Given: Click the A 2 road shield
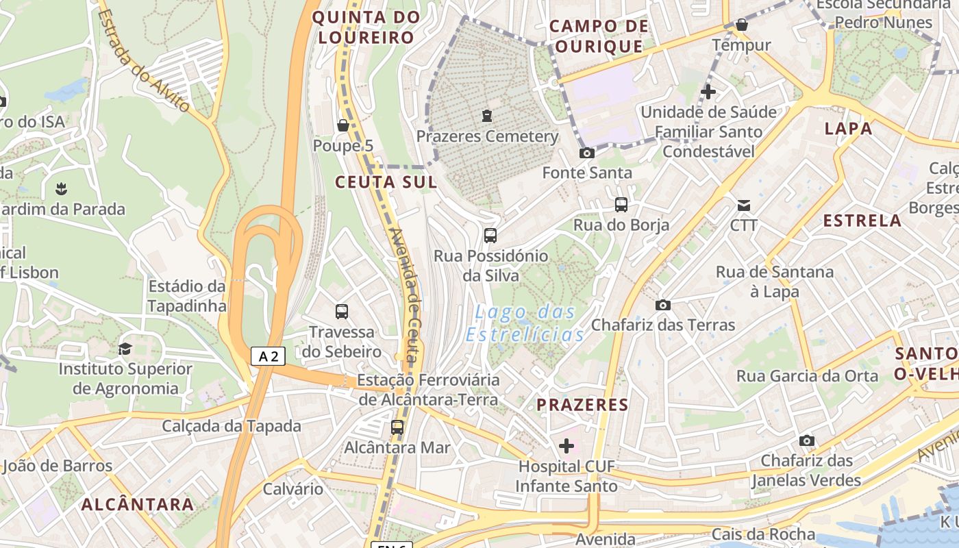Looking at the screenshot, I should tap(267, 356).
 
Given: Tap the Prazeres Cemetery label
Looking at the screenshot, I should tap(487, 136).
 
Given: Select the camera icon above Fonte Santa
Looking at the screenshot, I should tap(587, 153).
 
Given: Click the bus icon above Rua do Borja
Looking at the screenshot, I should tap(621, 204).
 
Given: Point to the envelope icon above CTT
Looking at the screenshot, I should tap(744, 205).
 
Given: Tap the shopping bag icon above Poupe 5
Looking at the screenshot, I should tap(343, 125).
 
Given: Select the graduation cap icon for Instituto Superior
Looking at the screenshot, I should tap(125, 349).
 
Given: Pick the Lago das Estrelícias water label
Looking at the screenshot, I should tap(525, 323).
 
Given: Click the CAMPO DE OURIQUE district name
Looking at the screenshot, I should tap(599, 36).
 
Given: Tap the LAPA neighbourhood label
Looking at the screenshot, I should tap(849, 128).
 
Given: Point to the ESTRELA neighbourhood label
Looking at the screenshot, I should tap(862, 221).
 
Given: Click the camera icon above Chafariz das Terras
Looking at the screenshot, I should tap(663, 305).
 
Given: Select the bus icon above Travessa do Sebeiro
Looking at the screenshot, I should tap(342, 312).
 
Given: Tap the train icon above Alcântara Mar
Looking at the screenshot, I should tap(397, 428).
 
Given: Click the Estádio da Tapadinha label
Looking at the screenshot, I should tap(186, 296).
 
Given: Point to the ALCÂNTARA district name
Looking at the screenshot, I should tap(138, 505).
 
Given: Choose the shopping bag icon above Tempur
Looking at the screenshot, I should tap(742, 25).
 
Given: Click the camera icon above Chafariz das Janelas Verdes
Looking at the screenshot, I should tap(807, 440).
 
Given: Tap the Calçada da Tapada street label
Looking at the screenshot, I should tap(232, 426).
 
